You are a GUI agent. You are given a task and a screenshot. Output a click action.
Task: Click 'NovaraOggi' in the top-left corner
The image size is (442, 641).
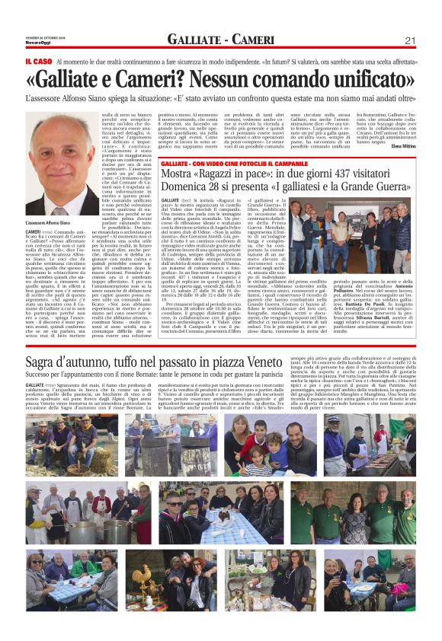point(37,43)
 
